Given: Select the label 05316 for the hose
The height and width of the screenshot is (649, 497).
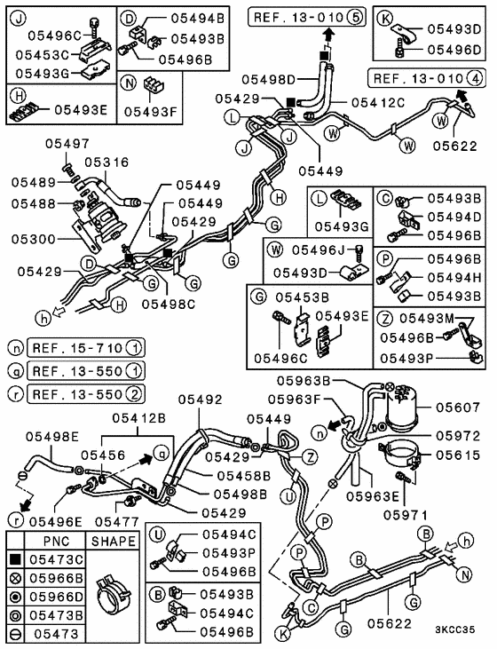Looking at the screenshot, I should coord(106,162).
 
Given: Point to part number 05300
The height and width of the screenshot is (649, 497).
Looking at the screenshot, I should coord(33,239).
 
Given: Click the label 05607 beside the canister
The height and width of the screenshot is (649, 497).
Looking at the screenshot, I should coord(456,408).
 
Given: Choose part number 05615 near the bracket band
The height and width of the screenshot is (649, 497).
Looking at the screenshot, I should coord(456,454).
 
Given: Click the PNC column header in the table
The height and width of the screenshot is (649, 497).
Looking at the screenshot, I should coord(43,541).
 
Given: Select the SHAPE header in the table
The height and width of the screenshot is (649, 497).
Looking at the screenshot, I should coord(113,541).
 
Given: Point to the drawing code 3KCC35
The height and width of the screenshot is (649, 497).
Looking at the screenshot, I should coord(461,631).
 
